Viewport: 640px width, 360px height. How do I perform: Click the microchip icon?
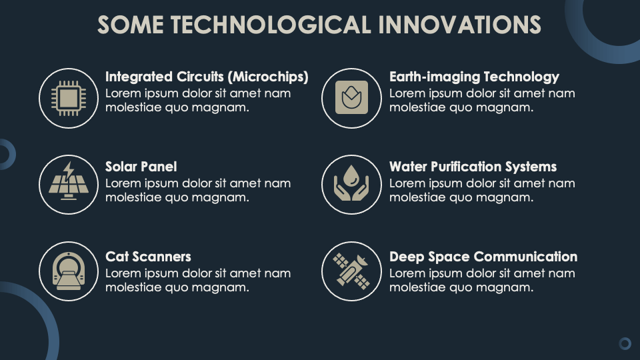coord(69,98)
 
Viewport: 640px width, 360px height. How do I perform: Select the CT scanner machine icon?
coord(69,271)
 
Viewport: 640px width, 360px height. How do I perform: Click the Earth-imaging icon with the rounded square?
coord(351,97)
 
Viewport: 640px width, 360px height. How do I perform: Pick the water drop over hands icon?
coord(351,183)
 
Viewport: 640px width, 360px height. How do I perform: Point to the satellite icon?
coord(351,271)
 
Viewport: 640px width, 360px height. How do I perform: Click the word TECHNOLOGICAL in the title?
coord(271,25)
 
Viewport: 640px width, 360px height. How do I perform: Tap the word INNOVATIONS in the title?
coord(459,25)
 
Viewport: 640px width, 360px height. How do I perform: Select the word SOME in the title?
coord(130,25)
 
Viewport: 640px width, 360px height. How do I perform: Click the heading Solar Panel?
coord(141,167)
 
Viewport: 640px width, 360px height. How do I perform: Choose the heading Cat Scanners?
coord(148,256)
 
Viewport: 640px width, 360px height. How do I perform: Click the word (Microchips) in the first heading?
coord(268,77)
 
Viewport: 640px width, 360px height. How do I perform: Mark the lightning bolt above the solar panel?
coord(69,170)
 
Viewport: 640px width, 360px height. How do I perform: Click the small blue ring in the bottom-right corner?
coord(625,344)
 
